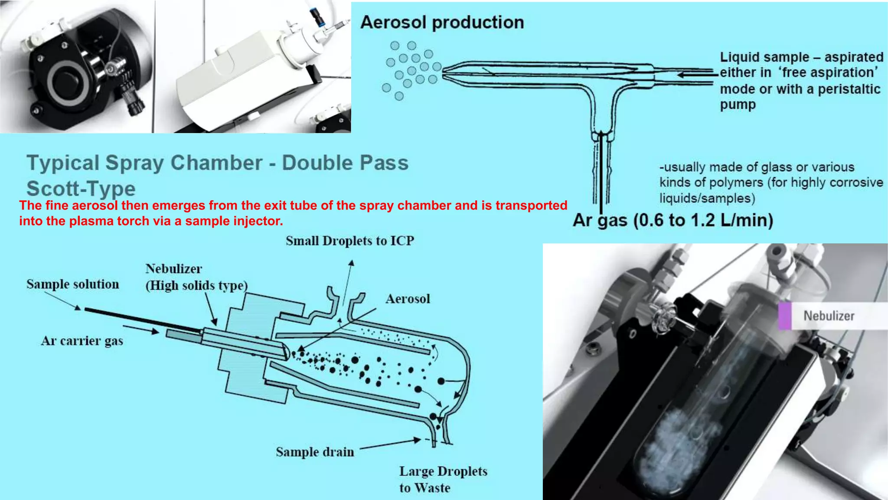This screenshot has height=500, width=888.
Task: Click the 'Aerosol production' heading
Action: pyautogui.click(x=442, y=23)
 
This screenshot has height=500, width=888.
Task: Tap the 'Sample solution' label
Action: pyautogui.click(x=73, y=284)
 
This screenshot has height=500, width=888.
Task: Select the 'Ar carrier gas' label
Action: pyautogui.click(x=82, y=341)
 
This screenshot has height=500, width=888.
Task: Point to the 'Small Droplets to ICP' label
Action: pyautogui.click(x=350, y=241)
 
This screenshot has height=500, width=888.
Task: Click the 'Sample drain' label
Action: pyautogui.click(x=315, y=452)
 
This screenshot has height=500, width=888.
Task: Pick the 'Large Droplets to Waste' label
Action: pyautogui.click(x=443, y=479)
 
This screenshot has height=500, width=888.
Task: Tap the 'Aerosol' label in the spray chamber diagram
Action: pyautogui.click(x=408, y=299)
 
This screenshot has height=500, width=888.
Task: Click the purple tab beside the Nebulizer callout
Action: pyautogui.click(x=785, y=316)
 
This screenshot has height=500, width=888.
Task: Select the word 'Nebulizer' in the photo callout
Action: pyautogui.click(x=829, y=316)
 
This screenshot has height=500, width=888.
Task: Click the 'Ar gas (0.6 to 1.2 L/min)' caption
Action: pyautogui.click(x=673, y=220)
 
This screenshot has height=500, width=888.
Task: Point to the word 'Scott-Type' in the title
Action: pyautogui.click(x=81, y=189)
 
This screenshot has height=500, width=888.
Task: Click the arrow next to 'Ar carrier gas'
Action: pyautogui.click(x=141, y=330)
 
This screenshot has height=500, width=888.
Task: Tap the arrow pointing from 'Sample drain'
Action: pyautogui.click(x=390, y=444)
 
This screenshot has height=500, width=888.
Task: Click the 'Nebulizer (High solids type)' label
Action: pyautogui.click(x=196, y=277)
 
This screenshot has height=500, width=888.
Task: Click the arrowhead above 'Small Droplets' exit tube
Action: pyautogui.click(x=351, y=263)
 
